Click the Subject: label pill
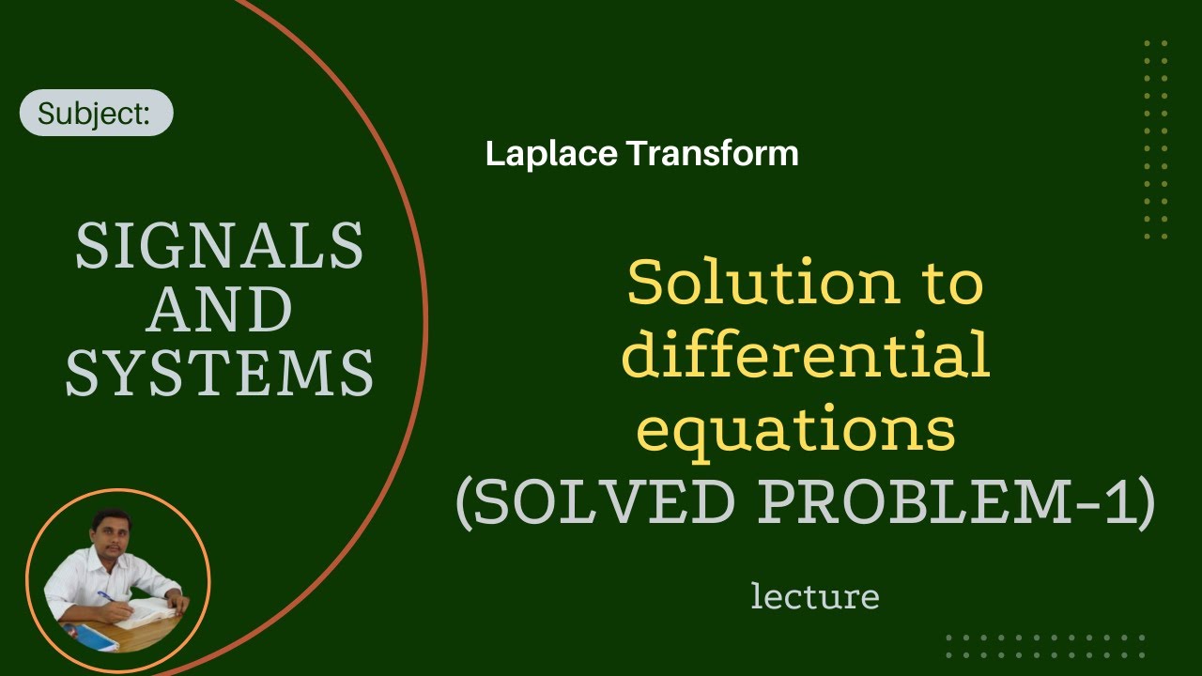click(x=96, y=113)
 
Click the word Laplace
click(x=548, y=153)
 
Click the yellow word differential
click(x=806, y=358)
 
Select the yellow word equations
click(x=796, y=430)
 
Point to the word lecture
click(x=814, y=596)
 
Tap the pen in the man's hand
click(x=104, y=597)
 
